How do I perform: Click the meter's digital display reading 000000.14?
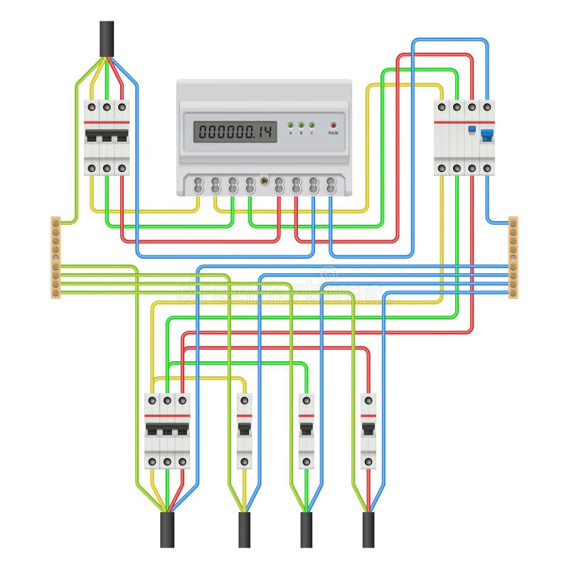point(235,131)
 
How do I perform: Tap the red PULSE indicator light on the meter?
point(333,124)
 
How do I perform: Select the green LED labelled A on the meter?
point(290,124)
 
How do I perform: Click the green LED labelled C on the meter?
point(312,124)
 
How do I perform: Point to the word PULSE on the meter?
point(333,133)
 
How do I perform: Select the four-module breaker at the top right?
point(464,137)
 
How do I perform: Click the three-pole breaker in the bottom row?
point(167,431)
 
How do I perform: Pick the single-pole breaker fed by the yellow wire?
point(244,431)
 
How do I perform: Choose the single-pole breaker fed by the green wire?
point(307,431)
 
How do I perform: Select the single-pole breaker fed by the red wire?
point(368,431)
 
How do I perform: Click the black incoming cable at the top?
point(107,39)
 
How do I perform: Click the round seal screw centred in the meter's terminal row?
point(264,181)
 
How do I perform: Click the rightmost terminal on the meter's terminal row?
point(331,186)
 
